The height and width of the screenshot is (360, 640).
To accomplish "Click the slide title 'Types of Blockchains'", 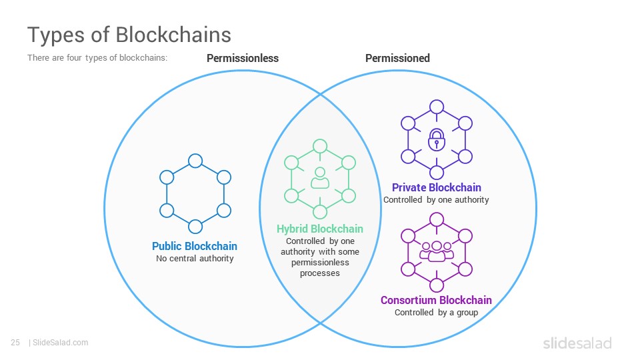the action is coord(129,35).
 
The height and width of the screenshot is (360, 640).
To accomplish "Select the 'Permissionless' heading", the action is coord(243,59).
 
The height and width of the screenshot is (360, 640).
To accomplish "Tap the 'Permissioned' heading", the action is coord(397,59).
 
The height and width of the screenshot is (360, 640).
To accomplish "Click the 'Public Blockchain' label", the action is coord(194,246).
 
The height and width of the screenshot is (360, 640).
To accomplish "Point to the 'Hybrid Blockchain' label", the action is coord(319,229).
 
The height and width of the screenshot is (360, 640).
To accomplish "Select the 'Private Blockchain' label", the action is coord(436,187).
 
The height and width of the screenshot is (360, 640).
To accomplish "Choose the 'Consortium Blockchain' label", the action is coord(436,300).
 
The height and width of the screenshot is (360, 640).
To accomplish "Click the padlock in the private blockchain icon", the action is coord(436,139).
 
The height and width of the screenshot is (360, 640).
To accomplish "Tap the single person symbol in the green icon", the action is coord(320,178).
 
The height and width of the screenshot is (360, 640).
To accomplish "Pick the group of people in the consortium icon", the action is coord(436,251).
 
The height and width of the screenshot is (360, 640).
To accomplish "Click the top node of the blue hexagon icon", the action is coord(195,161).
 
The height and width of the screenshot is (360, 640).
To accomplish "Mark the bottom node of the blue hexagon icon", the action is coord(195,227).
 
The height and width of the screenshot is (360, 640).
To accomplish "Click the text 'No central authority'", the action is coord(195,259).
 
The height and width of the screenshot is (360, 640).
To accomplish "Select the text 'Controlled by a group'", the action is coord(436,313).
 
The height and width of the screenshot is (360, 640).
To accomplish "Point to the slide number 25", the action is coord(15,343).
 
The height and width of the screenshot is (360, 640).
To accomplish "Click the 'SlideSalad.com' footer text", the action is coord(61,343).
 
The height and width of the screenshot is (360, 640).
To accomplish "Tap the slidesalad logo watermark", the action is coord(577,343).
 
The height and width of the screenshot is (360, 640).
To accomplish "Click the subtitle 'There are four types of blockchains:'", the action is coord(97,57).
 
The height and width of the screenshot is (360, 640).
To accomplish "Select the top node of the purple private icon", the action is coord(436,107).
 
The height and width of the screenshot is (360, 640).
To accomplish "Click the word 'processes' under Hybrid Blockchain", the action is coord(319,273).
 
